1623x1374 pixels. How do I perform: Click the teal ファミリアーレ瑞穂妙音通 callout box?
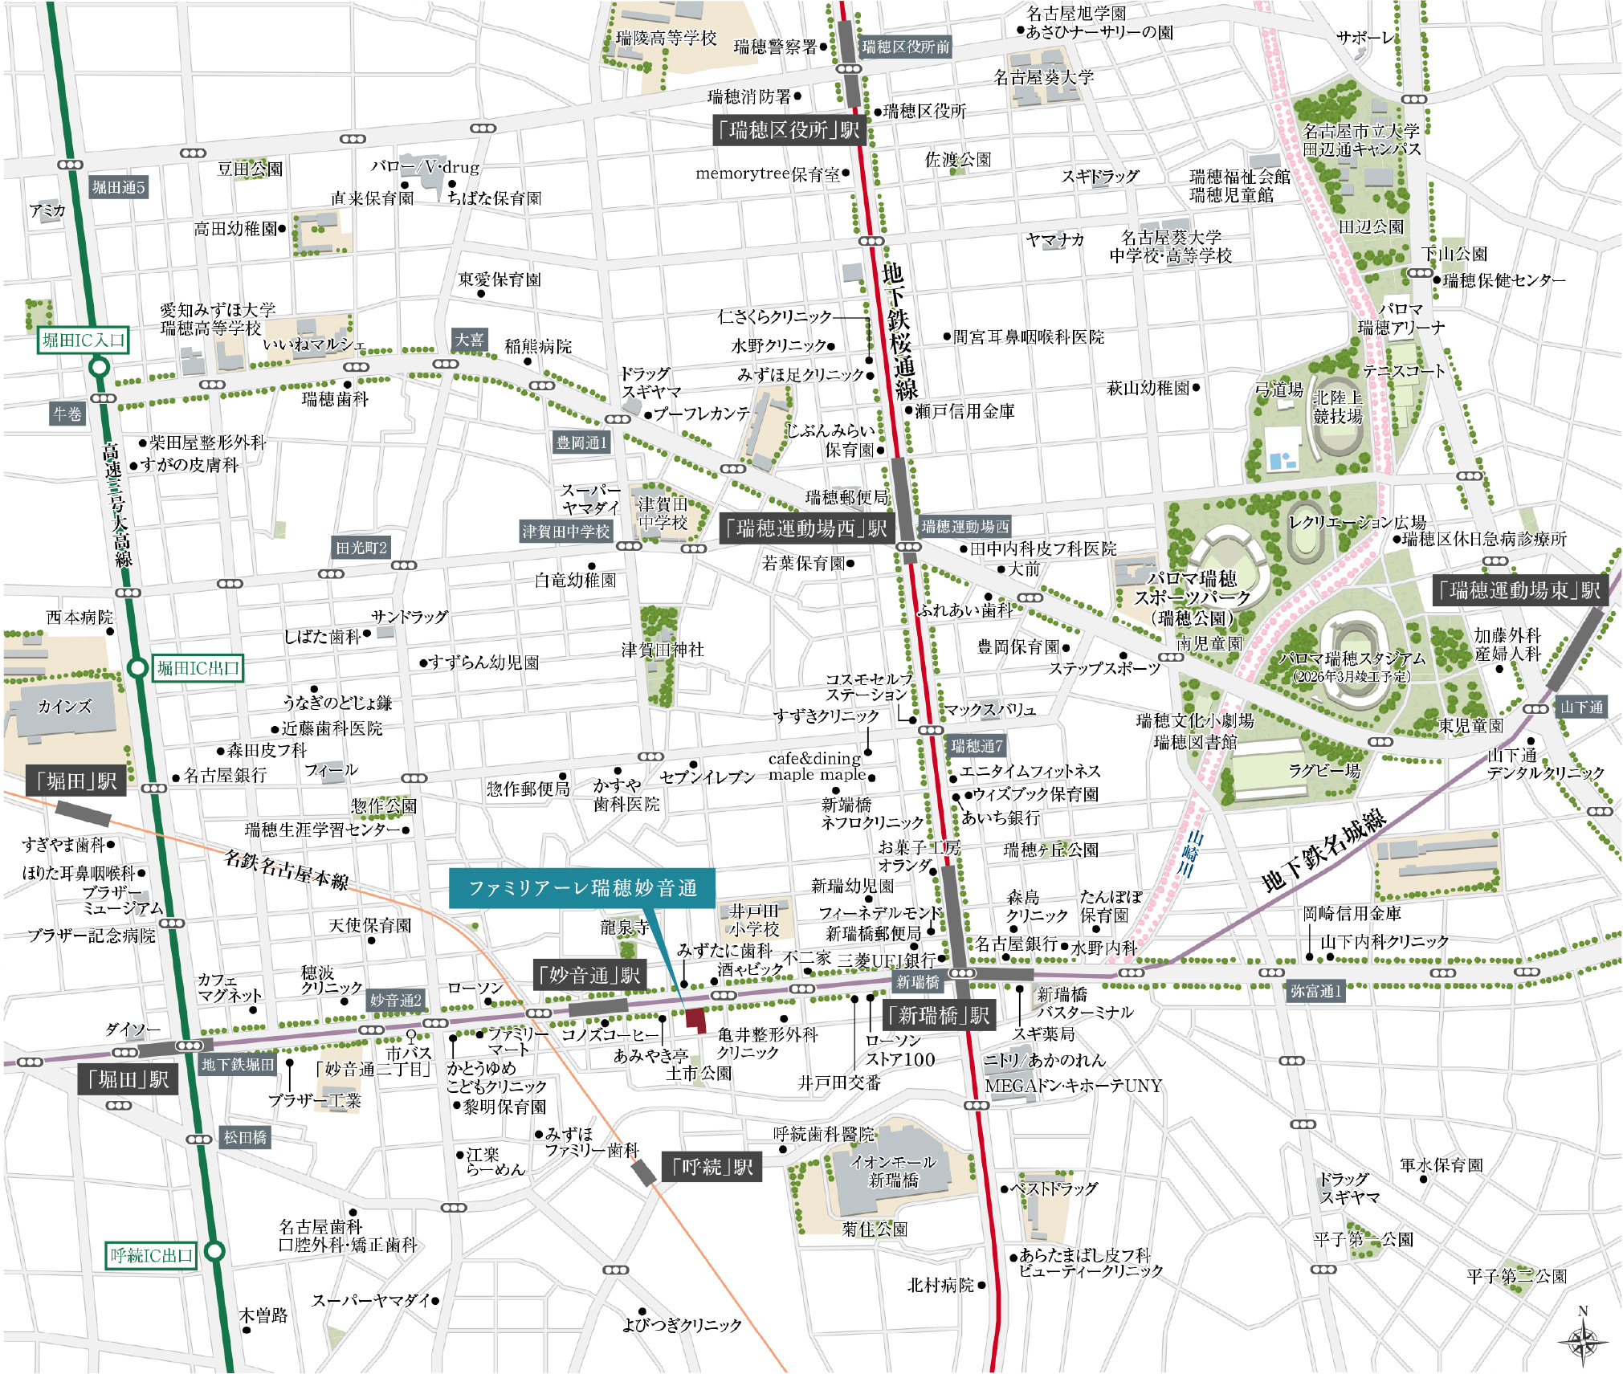[x=581, y=888]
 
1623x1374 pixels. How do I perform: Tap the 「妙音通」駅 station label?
[x=591, y=975]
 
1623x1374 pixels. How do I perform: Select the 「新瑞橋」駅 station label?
[x=939, y=1016]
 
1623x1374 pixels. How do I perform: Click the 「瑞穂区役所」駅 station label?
[x=789, y=130]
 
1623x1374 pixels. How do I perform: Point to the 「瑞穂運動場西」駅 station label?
[x=806, y=528]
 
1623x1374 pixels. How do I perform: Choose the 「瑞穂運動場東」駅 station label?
[x=1520, y=591]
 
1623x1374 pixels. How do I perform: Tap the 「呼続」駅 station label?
[x=712, y=1166]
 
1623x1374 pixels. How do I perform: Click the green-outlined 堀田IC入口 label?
[x=84, y=340]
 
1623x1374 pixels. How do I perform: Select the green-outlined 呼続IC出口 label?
[x=152, y=1255]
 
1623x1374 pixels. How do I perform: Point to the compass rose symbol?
[x=1582, y=1339]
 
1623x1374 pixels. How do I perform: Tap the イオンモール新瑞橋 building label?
[x=893, y=1171]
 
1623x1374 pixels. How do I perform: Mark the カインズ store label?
[x=64, y=707]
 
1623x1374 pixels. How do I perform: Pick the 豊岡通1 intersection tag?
[x=581, y=442]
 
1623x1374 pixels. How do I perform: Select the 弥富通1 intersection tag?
[x=1315, y=991]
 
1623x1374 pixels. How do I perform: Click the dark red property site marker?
[x=695, y=1020]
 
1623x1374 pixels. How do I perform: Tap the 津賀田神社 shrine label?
[x=662, y=650]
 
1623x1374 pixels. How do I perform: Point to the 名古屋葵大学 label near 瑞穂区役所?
[x=1043, y=77]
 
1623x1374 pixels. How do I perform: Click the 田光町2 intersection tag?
[x=361, y=548]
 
